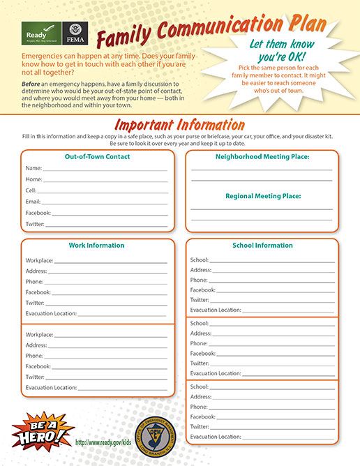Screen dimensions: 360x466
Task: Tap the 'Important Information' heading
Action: (179, 126)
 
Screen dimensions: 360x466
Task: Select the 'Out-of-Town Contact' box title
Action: (98, 156)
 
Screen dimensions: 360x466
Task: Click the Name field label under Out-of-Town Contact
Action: (33, 168)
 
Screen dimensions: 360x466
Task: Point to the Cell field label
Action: (31, 190)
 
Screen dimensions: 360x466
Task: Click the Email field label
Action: (33, 201)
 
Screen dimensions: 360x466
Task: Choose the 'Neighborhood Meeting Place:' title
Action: (263, 157)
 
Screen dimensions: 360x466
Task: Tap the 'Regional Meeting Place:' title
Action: (263, 196)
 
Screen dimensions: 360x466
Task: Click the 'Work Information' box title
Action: (96, 246)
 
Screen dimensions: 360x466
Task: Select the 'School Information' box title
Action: (262, 246)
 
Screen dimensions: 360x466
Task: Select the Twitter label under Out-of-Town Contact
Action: (35, 224)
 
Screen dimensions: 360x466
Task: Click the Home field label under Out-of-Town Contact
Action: (34, 179)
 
